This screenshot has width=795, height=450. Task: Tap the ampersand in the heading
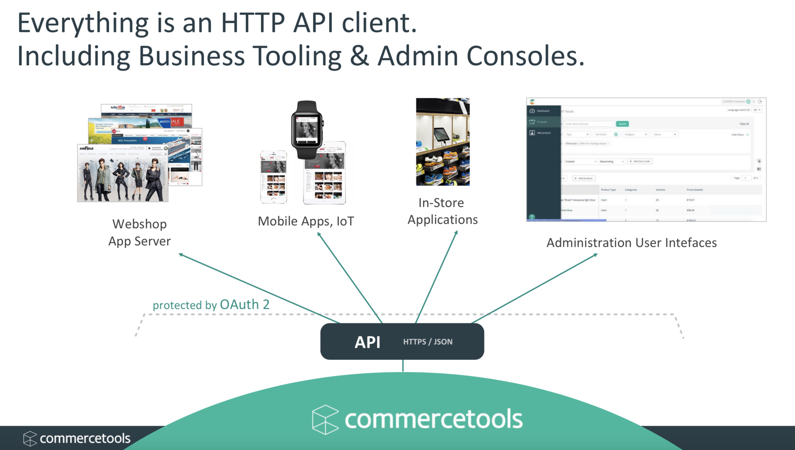pyautogui.click(x=359, y=56)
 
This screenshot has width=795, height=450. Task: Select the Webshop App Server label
pyautogui.click(x=140, y=233)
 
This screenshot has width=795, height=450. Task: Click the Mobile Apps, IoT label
pyautogui.click(x=306, y=221)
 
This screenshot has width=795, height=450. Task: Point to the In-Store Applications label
pyautogui.click(x=442, y=211)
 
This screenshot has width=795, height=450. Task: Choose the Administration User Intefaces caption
pyautogui.click(x=631, y=243)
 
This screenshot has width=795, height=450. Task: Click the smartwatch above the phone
pyautogui.click(x=307, y=130)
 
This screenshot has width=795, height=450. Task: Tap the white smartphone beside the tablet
pyautogui.click(x=273, y=177)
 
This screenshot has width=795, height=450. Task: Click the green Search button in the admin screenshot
pyautogui.click(x=622, y=124)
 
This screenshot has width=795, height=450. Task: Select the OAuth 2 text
pyautogui.click(x=244, y=305)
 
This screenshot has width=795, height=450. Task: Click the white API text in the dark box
pyautogui.click(x=367, y=342)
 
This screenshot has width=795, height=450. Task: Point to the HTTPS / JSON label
pyautogui.click(x=428, y=342)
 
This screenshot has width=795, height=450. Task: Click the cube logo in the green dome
pyautogui.click(x=325, y=419)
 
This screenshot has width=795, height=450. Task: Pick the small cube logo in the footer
pyautogui.click(x=30, y=438)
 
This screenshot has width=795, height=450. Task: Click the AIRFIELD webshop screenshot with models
pyautogui.click(x=123, y=173)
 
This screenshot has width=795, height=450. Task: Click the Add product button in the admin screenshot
pyautogui.click(x=584, y=178)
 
